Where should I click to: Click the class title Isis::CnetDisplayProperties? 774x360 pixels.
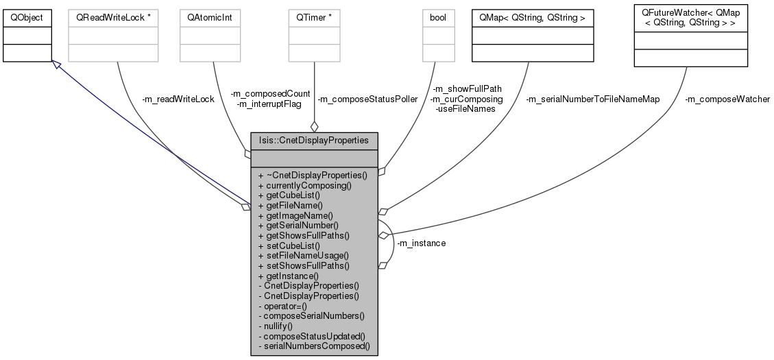click(314, 141)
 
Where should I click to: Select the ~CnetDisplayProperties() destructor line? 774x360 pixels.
click(312, 175)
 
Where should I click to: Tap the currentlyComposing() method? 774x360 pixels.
click(304, 185)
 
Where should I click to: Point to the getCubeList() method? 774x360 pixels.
click(289, 195)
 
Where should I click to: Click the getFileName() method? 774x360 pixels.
click(290, 205)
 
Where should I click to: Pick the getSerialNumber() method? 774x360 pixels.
click(298, 225)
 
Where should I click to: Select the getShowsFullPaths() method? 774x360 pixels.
click(303, 235)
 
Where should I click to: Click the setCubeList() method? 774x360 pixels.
click(288, 245)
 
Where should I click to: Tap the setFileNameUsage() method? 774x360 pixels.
click(300, 255)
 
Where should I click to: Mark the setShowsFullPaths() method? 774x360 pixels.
click(303, 265)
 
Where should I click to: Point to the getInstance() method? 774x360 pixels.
click(288, 276)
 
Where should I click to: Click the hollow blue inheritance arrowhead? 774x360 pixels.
click(57, 64)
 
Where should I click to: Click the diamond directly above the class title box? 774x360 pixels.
click(314, 126)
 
